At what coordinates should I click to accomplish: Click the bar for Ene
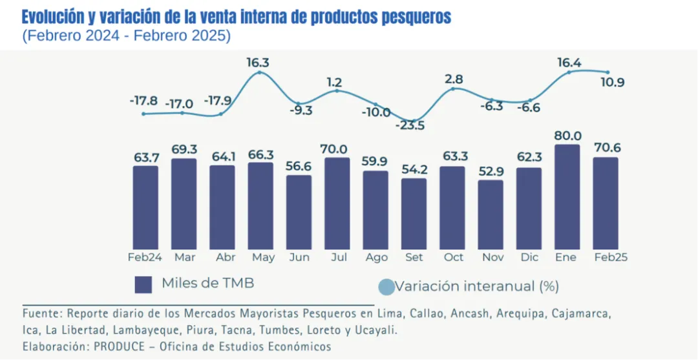(x=567, y=197)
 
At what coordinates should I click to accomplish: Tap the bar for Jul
(x=337, y=204)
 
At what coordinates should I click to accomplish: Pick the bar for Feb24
(x=145, y=207)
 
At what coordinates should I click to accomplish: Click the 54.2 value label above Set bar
(x=414, y=169)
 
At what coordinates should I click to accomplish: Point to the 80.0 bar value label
(x=567, y=136)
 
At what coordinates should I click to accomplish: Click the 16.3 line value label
(x=258, y=63)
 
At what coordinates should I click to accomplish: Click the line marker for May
(x=260, y=72)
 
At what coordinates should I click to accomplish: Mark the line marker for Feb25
(x=608, y=72)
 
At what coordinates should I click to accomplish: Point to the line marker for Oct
(x=453, y=89)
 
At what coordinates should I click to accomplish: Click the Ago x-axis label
(x=376, y=257)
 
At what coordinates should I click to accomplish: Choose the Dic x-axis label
(x=530, y=257)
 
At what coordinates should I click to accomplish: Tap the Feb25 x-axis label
(x=611, y=257)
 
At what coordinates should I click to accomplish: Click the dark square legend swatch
(x=143, y=284)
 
